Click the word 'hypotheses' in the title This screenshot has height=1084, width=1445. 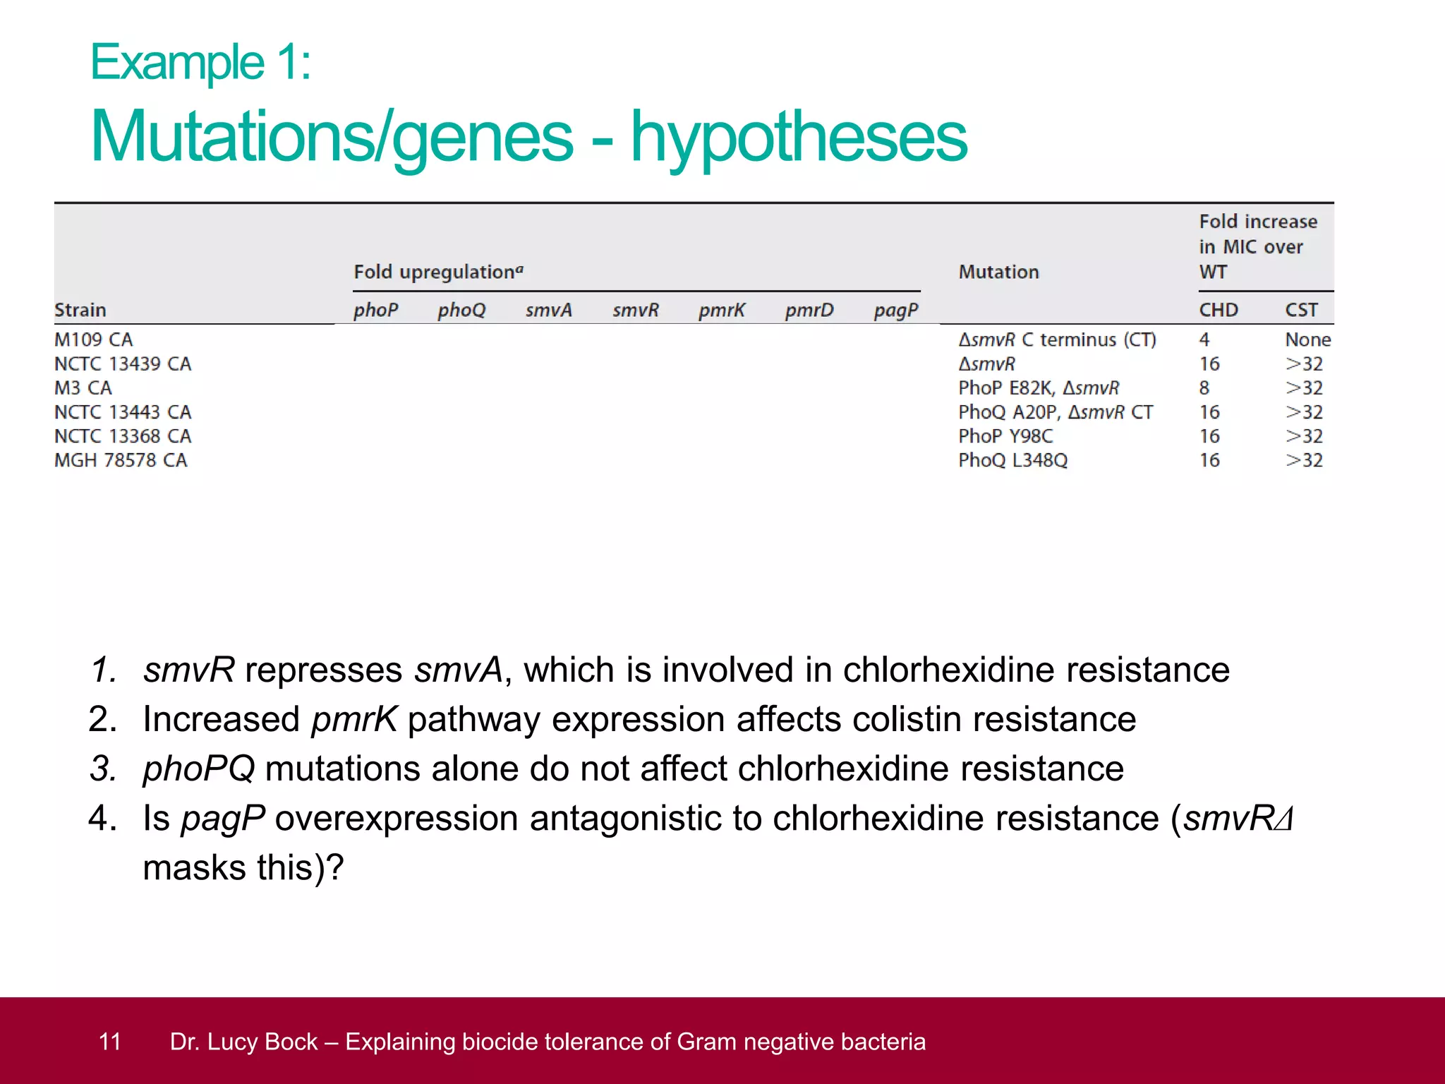tap(799, 138)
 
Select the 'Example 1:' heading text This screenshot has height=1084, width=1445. tap(200, 63)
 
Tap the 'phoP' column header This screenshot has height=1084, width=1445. tap(375, 311)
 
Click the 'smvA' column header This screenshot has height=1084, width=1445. tap(548, 311)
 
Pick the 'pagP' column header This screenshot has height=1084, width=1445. tap(895, 311)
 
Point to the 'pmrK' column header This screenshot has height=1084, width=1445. tap(721, 311)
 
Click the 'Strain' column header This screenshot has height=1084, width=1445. tap(80, 311)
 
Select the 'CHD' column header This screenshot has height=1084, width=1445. tap(1219, 311)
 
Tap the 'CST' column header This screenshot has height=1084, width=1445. tap(1301, 311)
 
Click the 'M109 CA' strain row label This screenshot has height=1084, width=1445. tap(93, 340)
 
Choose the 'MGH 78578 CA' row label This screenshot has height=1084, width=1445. tap(121, 460)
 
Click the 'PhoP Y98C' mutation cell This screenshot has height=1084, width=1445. tap(1005, 436)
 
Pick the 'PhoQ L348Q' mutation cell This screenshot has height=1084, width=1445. tap(1012, 460)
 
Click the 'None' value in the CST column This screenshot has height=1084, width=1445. tap(1307, 340)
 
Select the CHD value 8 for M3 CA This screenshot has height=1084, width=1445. tap(1204, 388)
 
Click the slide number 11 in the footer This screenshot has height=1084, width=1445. tap(110, 1042)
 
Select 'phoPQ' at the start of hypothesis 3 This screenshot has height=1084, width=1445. tap(198, 769)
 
